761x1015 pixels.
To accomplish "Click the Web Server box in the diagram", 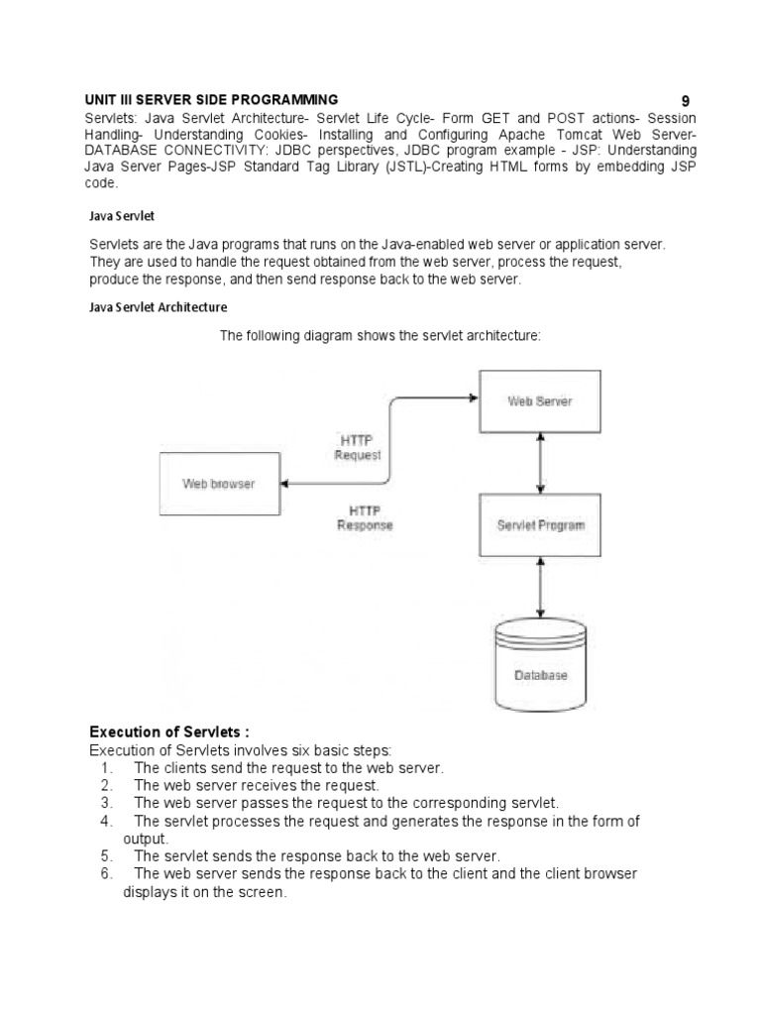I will pyautogui.click(x=539, y=401).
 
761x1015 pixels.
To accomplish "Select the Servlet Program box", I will pyautogui.click(x=539, y=524).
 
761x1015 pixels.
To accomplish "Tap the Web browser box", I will pyautogui.click(x=218, y=484).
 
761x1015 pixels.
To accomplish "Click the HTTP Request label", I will pyautogui.click(x=358, y=448).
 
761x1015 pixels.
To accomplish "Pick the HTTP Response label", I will pyautogui.click(x=365, y=517).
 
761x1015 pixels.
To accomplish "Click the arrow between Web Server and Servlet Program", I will pyautogui.click(x=539, y=463).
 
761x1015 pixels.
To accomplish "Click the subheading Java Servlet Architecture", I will pyautogui.click(x=159, y=307).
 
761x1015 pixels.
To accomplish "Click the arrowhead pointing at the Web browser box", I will pyautogui.click(x=283, y=484).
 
